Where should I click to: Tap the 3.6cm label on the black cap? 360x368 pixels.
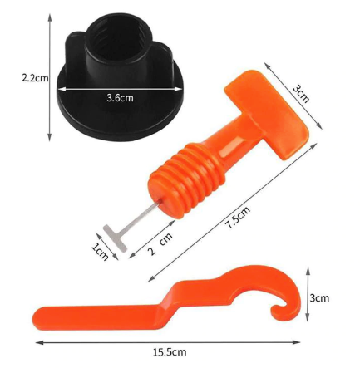(x=119, y=98)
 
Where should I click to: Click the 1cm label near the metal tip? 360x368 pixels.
(x=101, y=249)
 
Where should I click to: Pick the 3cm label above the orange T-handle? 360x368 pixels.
(x=300, y=92)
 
